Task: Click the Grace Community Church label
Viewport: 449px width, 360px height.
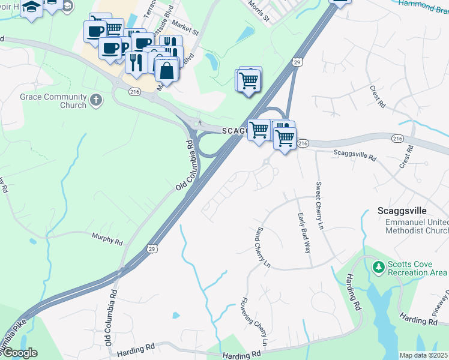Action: point(53,101)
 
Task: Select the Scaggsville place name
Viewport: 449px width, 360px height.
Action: point(402,211)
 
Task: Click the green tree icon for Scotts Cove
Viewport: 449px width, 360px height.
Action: point(378,266)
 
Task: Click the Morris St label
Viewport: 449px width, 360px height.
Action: point(259,11)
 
